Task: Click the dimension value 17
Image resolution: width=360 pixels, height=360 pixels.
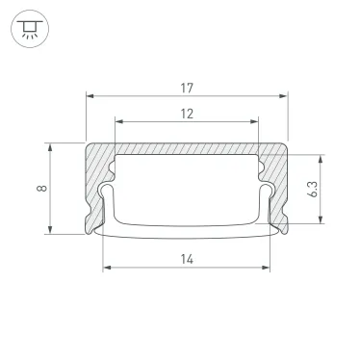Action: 187,88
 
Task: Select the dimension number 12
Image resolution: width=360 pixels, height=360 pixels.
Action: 187,113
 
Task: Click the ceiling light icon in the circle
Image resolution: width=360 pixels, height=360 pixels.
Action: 29,30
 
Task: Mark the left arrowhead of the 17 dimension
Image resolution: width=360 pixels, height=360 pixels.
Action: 90,96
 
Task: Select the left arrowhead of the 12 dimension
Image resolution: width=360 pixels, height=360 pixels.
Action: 118,122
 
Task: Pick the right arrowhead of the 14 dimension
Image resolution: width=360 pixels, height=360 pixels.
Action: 268,267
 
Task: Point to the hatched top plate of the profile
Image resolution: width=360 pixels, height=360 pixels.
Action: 187,149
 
